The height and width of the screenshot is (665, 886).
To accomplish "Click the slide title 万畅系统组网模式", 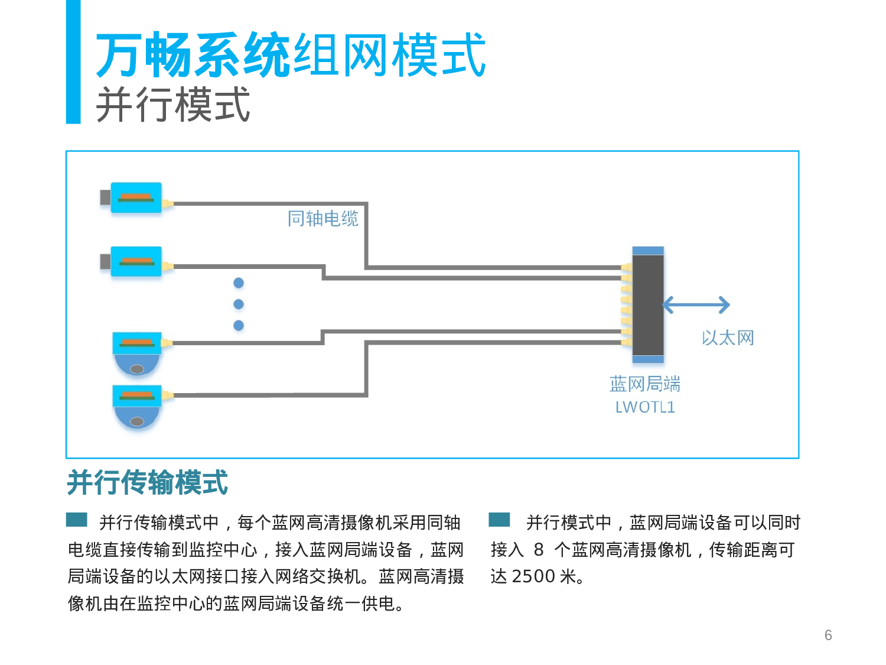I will [x=291, y=55].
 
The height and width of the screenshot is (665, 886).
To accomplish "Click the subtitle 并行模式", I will [x=173, y=105].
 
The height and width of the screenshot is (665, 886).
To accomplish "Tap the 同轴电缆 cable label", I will [x=323, y=219].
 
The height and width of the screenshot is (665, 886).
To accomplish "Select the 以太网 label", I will [x=728, y=338].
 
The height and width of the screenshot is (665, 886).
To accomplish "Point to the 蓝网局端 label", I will [x=645, y=384].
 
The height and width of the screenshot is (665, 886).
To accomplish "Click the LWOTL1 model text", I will [x=645, y=407].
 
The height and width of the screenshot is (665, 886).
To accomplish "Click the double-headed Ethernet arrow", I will [x=696, y=305].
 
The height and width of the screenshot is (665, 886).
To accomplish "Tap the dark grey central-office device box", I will [x=648, y=305].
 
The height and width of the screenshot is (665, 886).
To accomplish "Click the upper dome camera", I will [x=137, y=353].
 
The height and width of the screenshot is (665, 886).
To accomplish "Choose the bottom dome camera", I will [x=137, y=407].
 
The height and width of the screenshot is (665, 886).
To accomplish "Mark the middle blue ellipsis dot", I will [x=239, y=304].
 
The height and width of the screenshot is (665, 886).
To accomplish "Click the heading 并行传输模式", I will [x=148, y=482].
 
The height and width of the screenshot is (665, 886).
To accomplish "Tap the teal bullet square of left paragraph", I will [x=77, y=520].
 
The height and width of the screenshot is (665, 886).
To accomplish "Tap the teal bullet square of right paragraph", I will [x=499, y=520].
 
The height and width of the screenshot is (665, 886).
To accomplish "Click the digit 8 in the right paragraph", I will [x=538, y=550].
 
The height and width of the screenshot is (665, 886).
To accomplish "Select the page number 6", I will [x=828, y=635].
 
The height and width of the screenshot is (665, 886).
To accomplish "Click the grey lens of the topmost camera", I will [x=105, y=197].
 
